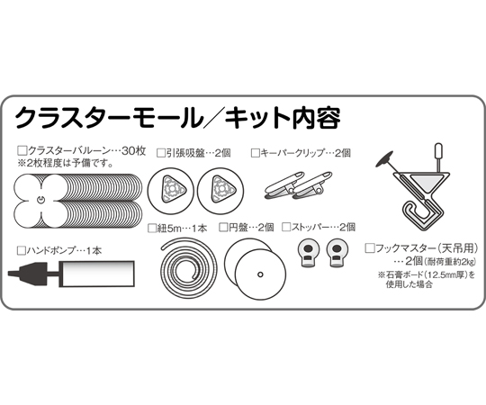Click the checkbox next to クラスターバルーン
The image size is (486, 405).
(22, 151)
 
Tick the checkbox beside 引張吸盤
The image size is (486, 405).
(161, 153)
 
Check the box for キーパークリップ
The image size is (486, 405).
(255, 153)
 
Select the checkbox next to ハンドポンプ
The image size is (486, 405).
(22, 250)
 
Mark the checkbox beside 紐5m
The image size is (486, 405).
(152, 229)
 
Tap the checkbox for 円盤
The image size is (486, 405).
(223, 228)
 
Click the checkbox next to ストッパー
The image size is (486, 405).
(286, 227)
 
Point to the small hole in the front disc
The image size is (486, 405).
(260, 274)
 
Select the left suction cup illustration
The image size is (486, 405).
(170, 191)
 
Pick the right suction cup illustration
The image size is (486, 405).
(220, 191)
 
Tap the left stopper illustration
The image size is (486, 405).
(308, 253)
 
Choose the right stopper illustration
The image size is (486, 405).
(337, 253)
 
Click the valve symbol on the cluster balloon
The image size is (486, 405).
(40, 200)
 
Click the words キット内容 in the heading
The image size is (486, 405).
(283, 118)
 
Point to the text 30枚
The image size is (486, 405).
(133, 151)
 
